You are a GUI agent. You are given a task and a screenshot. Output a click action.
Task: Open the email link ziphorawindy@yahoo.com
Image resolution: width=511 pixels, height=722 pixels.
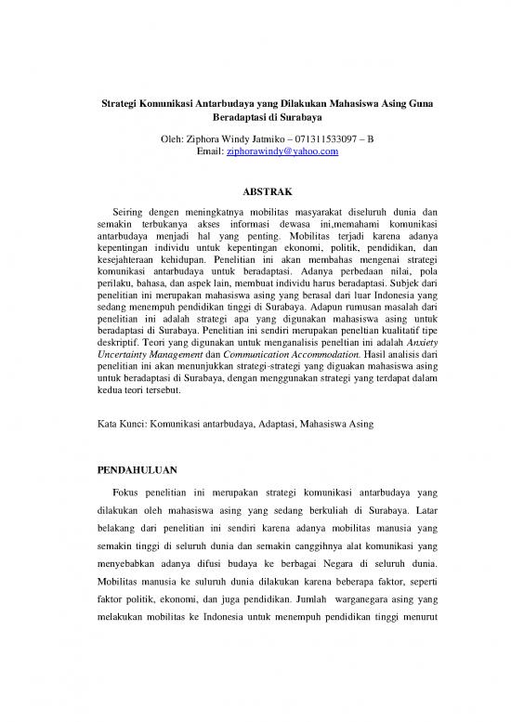(x=282, y=151)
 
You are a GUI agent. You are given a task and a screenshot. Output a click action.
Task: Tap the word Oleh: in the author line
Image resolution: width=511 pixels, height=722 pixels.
(x=176, y=138)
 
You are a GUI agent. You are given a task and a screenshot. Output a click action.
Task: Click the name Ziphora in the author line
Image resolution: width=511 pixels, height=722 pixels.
(x=209, y=138)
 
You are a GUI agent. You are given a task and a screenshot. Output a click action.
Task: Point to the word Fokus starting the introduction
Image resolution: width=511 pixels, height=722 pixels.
(x=128, y=490)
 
